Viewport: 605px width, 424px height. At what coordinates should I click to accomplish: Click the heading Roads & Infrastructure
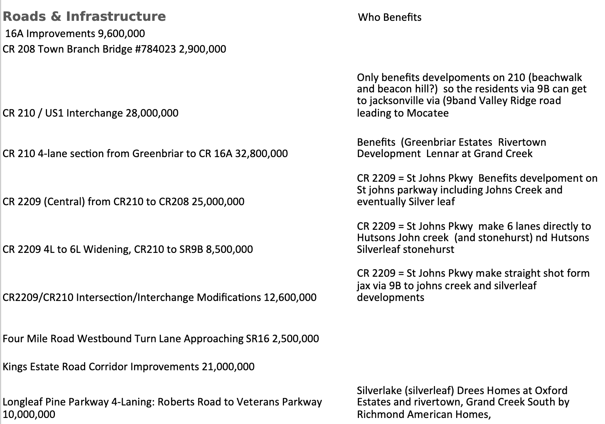[84, 16]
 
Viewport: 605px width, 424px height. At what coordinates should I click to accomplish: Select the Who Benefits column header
[390, 17]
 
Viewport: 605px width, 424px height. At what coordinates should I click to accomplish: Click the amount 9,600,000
[121, 34]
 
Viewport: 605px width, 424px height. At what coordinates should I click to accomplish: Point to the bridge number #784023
[155, 49]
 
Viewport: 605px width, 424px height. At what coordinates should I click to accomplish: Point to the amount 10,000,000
[29, 414]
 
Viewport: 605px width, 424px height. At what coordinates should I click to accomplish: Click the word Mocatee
[428, 113]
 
